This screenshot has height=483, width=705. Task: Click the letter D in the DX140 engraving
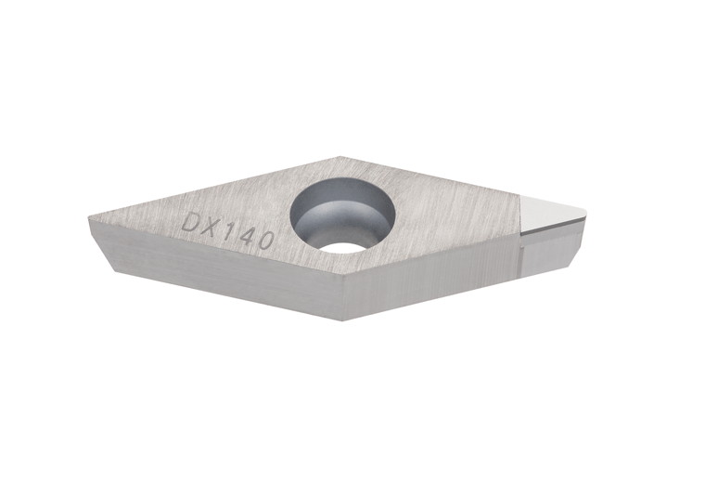coord(194,222)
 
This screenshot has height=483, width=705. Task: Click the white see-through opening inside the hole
coord(344,246)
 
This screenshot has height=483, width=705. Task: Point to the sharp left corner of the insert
coord(90,219)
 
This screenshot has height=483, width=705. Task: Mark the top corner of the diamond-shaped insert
coord(340,158)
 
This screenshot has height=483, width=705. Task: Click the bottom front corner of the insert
coord(342,319)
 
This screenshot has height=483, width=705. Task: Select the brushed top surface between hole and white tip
coord(455,209)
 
